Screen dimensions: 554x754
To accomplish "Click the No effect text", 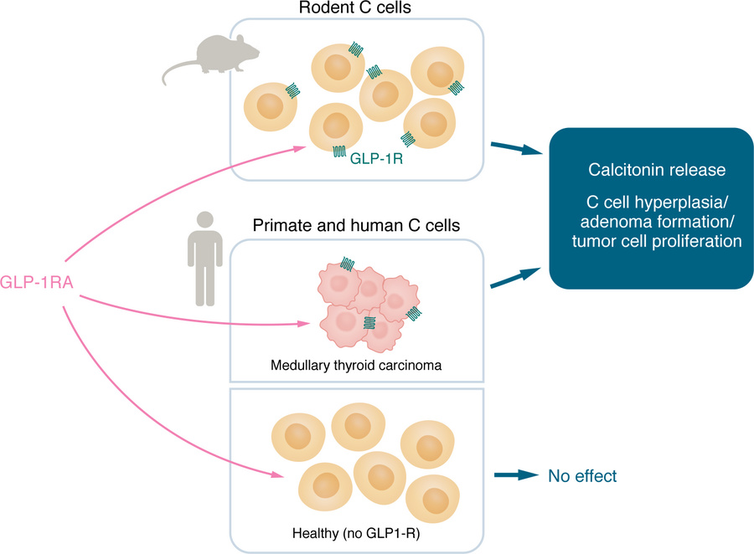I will point(582,476).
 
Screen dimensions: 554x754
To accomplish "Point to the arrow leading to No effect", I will point(514,475).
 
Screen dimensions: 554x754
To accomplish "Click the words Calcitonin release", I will point(657,170).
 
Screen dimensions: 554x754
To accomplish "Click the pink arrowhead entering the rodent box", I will point(301,148).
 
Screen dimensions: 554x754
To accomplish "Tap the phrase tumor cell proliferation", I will point(657,239).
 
